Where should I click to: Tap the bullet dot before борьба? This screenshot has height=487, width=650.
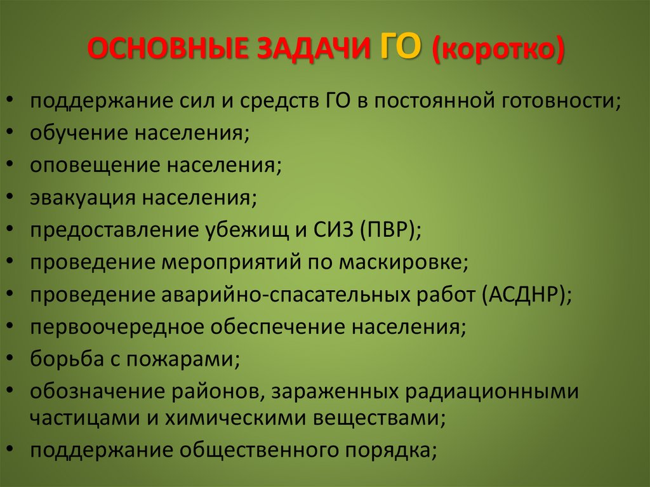tap(13, 360)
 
